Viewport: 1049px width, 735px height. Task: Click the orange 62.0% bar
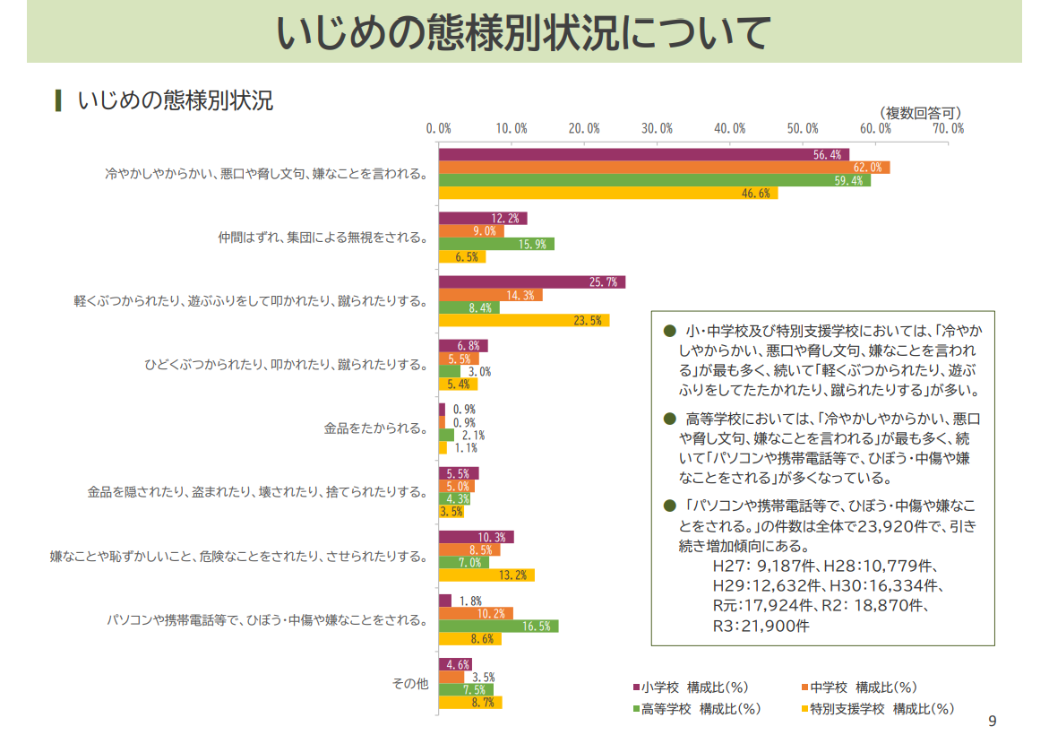point(664,168)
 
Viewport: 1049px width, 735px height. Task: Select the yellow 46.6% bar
point(608,193)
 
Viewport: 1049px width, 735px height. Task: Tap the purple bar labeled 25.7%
point(531,282)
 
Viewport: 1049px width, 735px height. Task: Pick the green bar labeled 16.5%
point(498,627)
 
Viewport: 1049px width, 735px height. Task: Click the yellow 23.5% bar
point(523,320)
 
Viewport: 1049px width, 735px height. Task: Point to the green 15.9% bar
point(496,244)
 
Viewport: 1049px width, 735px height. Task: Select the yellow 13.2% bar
point(486,575)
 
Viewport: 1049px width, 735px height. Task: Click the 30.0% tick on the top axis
point(658,128)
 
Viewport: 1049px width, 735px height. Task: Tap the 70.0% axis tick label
point(948,128)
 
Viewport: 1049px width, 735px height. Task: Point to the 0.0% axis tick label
point(438,128)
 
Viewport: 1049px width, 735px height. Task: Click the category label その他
point(410,684)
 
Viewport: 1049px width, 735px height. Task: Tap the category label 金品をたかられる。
point(375,428)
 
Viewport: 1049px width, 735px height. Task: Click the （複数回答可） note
point(919,112)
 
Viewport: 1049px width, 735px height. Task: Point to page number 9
point(991,720)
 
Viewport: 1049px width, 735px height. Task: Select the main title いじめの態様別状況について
point(524,33)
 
